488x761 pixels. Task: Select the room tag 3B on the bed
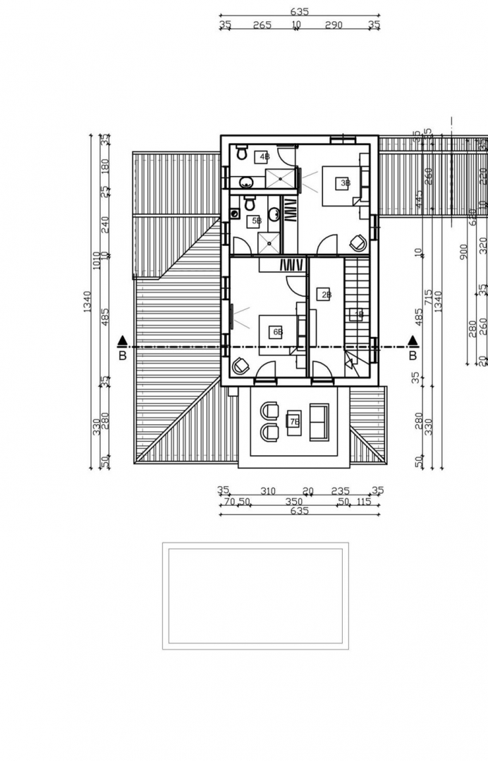345,183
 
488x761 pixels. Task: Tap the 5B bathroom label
257,221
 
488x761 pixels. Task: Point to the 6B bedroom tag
278,331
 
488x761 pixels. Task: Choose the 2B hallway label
326,295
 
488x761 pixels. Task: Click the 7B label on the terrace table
295,422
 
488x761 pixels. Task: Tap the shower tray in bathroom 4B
280,179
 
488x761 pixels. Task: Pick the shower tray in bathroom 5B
267,243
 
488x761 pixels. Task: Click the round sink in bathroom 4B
246,182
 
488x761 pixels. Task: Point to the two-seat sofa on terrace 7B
319,422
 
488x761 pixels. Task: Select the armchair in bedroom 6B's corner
240,366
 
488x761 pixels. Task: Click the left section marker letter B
123,356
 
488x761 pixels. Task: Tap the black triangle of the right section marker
413,341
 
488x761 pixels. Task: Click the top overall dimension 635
299,11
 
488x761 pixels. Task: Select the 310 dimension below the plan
268,491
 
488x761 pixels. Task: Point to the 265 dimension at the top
262,25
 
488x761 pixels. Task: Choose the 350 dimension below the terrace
293,502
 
